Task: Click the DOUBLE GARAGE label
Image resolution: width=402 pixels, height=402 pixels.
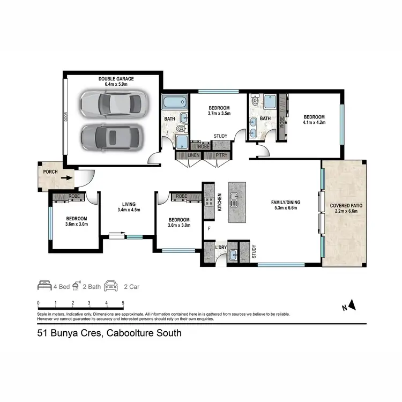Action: (116, 79)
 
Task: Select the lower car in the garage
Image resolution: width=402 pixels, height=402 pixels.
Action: (109, 137)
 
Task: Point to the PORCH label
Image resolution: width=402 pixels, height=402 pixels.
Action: (50, 172)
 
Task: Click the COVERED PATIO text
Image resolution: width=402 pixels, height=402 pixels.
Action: (345, 205)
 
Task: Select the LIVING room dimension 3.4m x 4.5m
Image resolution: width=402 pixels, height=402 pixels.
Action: (128, 210)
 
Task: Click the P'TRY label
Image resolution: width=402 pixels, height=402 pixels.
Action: (221, 155)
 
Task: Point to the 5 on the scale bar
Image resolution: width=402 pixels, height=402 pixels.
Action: (123, 303)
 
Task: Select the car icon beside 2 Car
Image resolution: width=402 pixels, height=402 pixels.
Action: (111, 286)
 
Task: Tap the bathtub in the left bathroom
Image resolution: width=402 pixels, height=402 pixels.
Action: (174, 102)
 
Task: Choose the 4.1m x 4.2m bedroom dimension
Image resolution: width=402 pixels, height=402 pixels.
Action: (314, 123)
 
